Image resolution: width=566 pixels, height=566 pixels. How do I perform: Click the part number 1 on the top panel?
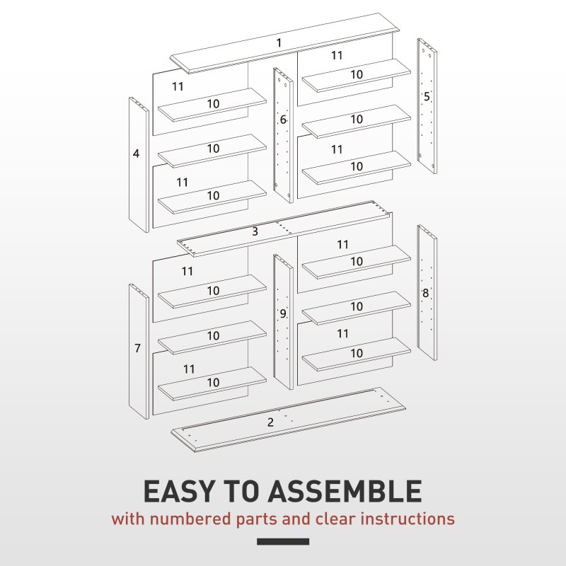[279, 43]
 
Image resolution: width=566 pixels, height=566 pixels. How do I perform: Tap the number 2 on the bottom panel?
[270, 422]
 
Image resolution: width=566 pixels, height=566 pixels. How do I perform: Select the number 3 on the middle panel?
[255, 231]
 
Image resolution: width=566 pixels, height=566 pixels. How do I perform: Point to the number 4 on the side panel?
[136, 153]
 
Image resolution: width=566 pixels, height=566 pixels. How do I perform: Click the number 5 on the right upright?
[427, 97]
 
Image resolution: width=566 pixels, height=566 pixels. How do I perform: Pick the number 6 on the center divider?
[283, 120]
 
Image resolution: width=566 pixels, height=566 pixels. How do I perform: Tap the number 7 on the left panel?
[137, 348]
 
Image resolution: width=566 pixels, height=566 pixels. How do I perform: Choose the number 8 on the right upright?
[425, 293]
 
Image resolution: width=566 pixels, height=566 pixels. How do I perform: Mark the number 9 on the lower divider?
[282, 313]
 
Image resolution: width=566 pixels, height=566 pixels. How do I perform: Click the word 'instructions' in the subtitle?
[408, 519]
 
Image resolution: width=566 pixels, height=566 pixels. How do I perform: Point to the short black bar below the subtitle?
[283, 542]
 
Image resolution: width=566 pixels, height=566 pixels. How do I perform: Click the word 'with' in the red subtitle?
[127, 519]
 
